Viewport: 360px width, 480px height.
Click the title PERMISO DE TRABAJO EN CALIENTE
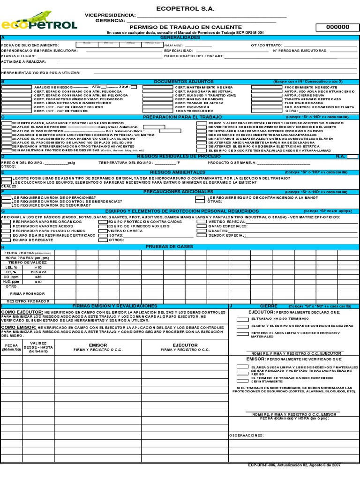[x=185, y=27]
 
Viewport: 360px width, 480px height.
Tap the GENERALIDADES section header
[x=180, y=37]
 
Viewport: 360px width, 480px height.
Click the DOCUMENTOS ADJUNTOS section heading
[x=183, y=82]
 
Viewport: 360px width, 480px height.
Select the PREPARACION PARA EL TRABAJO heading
[x=183, y=117]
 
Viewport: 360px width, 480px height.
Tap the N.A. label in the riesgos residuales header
[x=340, y=156]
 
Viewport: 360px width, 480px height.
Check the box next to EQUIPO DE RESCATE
[x=7, y=240]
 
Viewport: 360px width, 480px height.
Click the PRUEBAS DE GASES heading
[x=170, y=247]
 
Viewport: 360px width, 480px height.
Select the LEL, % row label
[x=12, y=267]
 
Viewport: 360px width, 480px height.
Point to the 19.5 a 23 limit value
[x=38, y=272]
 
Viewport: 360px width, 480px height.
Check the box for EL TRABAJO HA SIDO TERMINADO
[x=242, y=319]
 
